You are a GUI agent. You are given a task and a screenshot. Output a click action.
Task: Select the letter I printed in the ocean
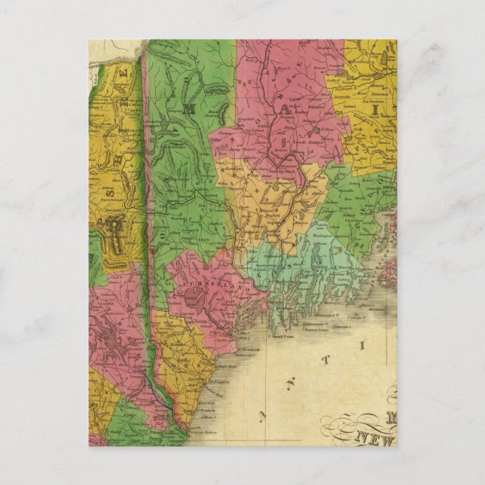(361, 345)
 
